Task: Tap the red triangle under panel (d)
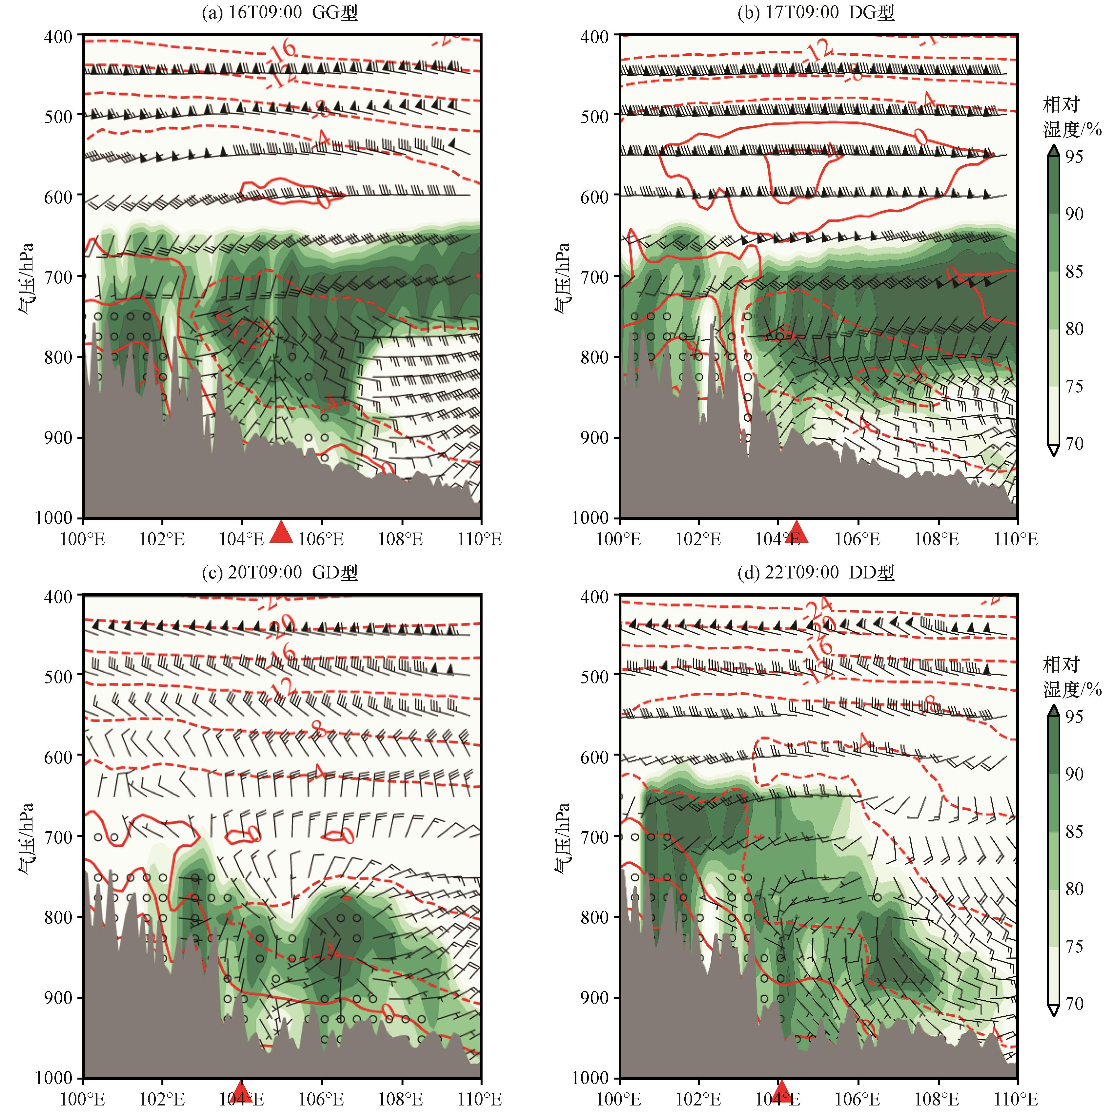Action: pyautogui.click(x=781, y=1090)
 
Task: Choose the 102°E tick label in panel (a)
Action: pyautogui.click(x=162, y=539)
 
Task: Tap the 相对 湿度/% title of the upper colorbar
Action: pyautogui.click(x=1071, y=117)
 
